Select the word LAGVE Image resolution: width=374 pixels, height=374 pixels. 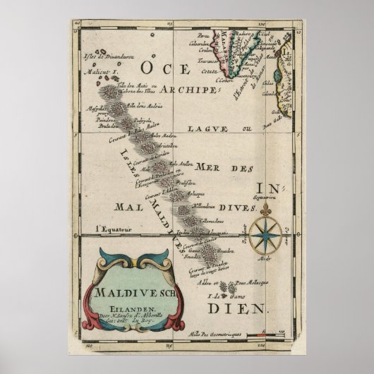[x=203, y=129]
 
